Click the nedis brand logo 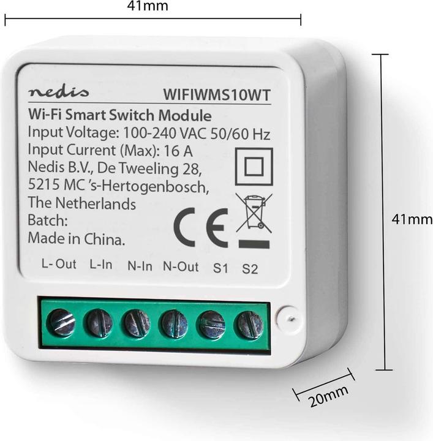[x=58, y=91]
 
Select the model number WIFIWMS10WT [x=217, y=95]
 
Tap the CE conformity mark [x=201, y=227]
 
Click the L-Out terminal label [x=59, y=264]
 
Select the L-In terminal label [x=101, y=265]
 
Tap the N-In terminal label [x=140, y=266]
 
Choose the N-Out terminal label [x=181, y=266]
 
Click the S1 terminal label [x=220, y=268]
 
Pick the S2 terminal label [x=250, y=269]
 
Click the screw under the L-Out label [x=61, y=322]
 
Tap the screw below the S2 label [x=249, y=325]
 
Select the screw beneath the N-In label [x=136, y=323]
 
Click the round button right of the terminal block [x=288, y=318]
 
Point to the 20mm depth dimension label [x=328, y=396]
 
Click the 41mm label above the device [x=148, y=6]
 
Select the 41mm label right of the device [x=412, y=219]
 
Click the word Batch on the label [x=48, y=221]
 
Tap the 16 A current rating [x=178, y=151]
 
